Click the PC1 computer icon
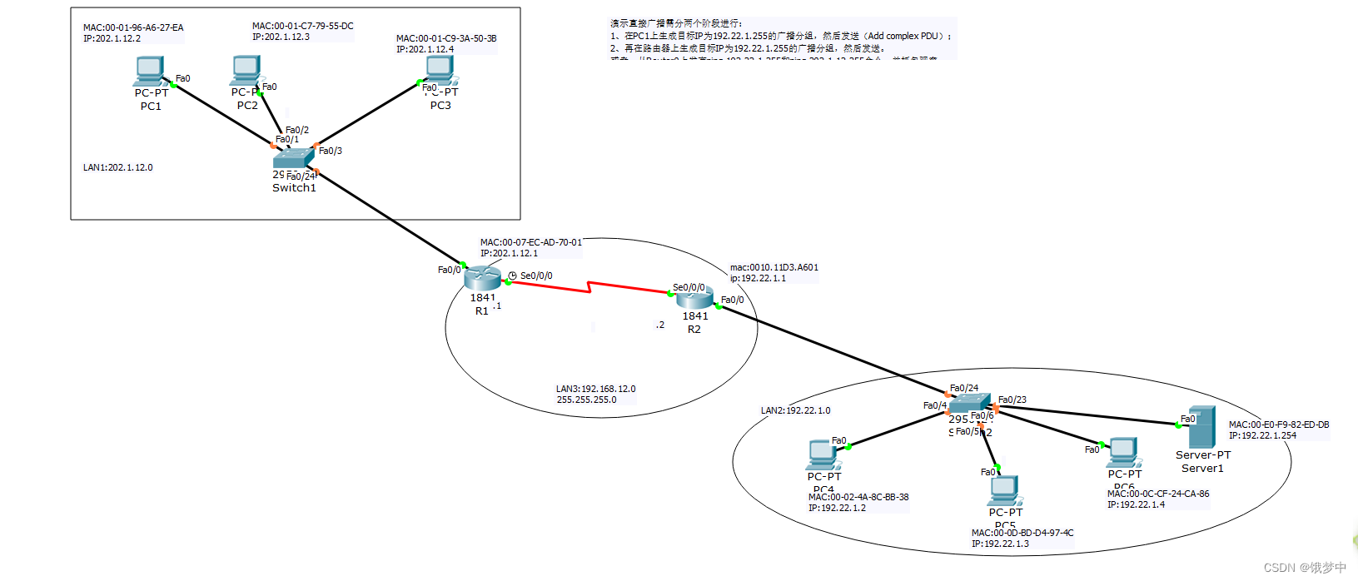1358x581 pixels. pyautogui.click(x=150, y=71)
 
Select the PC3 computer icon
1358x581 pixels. pyautogui.click(x=440, y=70)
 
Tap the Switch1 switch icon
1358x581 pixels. pyautogui.click(x=292, y=158)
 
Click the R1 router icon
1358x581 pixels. pyautogui.click(x=482, y=278)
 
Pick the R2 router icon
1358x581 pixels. pyautogui.click(x=694, y=297)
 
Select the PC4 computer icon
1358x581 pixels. pyautogui.click(x=823, y=454)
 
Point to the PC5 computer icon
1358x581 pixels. pyautogui.click(x=1005, y=490)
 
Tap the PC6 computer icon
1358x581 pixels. pyautogui.click(x=1123, y=452)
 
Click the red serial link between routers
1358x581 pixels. pyautogui.click(x=589, y=287)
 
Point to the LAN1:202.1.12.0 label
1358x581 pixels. pyautogui.click(x=117, y=167)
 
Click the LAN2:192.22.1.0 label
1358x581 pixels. pyautogui.click(x=795, y=410)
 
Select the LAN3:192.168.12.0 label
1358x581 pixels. pyautogui.click(x=595, y=389)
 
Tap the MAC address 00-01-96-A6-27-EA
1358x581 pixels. pyautogui.click(x=133, y=27)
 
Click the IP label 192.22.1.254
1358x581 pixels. pyautogui.click(x=1262, y=435)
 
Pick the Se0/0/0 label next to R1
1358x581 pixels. pyautogui.click(x=536, y=276)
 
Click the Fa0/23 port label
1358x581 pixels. pyautogui.click(x=1012, y=400)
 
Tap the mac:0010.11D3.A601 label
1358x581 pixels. pyautogui.click(x=774, y=267)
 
